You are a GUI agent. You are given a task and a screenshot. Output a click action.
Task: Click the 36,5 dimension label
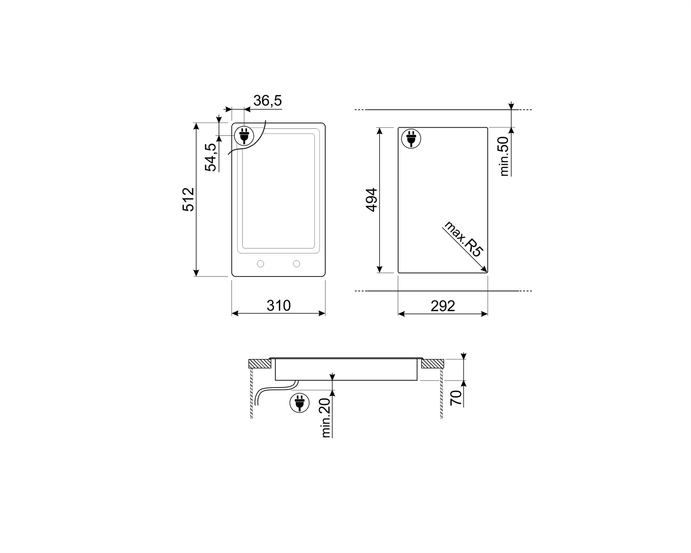pyautogui.click(x=268, y=100)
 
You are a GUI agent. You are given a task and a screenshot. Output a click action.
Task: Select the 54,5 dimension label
pyautogui.click(x=211, y=157)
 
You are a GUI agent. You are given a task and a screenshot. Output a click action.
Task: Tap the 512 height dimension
pyautogui.click(x=188, y=200)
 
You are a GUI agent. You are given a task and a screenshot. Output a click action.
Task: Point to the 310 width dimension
pyautogui.click(x=278, y=306)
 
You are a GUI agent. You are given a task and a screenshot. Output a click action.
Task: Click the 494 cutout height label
pyautogui.click(x=371, y=200)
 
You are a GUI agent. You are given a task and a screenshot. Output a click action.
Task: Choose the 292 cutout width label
pyautogui.click(x=443, y=306)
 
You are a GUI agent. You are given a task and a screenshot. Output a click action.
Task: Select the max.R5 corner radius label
pyautogui.click(x=463, y=239)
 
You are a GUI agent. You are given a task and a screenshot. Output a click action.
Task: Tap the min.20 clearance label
pyautogui.click(x=325, y=418)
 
